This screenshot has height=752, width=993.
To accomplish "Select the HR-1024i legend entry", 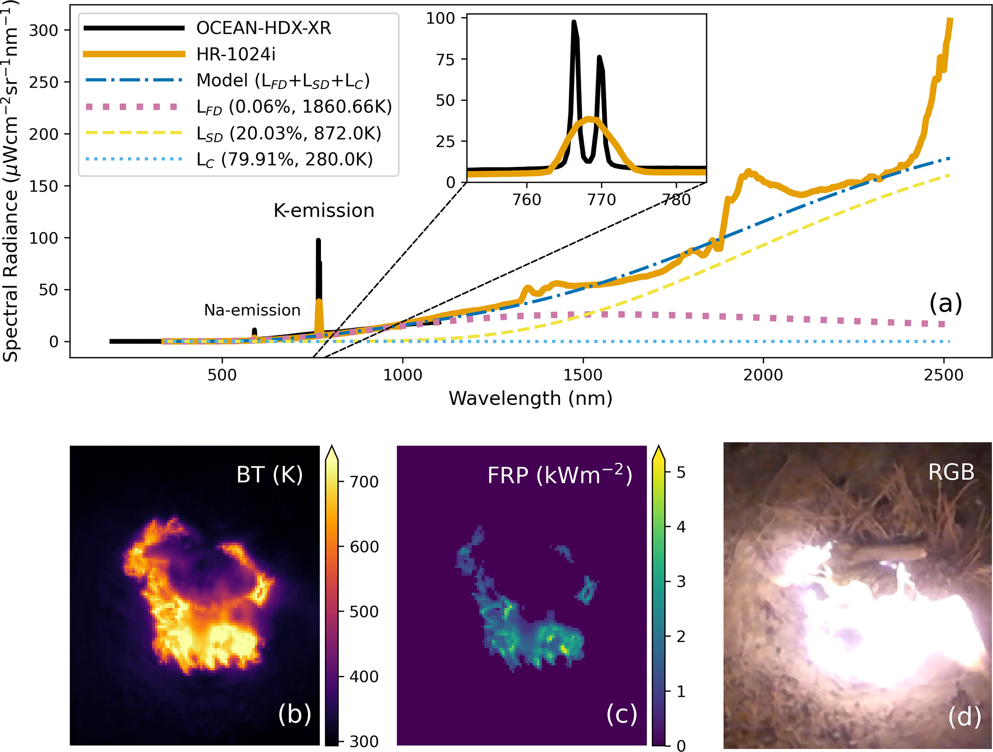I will tap(236, 54).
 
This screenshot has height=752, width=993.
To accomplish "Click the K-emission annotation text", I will tap(324, 211).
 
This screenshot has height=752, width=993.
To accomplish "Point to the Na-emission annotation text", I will tap(252, 310).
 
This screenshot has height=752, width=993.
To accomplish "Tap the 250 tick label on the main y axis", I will tap(43, 82).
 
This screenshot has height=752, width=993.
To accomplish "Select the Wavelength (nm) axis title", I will tap(530, 399).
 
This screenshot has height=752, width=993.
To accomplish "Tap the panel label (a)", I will tap(945, 303).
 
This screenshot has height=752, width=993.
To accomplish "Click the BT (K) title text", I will tap(270, 475).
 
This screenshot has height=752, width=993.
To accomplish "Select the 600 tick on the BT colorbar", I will tap(364, 547).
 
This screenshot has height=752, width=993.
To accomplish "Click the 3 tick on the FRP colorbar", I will tap(681, 582).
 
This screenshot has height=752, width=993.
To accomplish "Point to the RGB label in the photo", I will tap(951, 472).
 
